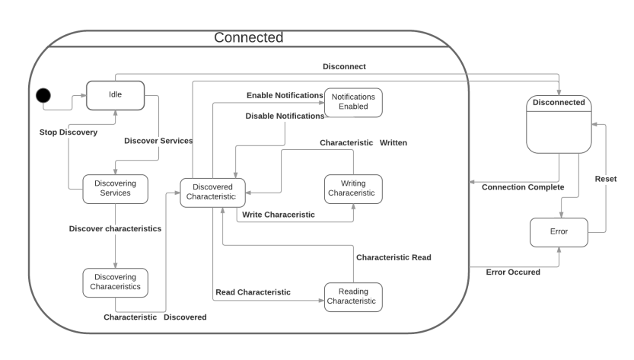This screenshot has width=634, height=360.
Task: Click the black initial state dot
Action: (x=44, y=95)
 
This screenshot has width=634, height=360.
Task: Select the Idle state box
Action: (x=115, y=95)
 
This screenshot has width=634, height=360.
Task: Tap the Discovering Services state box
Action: (x=115, y=188)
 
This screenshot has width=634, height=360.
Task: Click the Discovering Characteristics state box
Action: (x=115, y=282)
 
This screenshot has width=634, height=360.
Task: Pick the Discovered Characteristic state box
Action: (x=212, y=193)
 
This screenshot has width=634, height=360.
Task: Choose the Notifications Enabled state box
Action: (x=353, y=102)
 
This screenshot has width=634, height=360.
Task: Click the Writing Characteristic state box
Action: (x=353, y=188)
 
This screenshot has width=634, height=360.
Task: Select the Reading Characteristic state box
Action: (x=353, y=296)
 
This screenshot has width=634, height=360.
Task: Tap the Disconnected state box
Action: (x=559, y=126)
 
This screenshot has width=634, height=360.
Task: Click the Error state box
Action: (x=559, y=231)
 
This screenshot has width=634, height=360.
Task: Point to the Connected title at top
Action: (x=248, y=37)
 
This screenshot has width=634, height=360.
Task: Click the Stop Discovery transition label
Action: (x=68, y=132)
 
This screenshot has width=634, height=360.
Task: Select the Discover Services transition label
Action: (x=158, y=141)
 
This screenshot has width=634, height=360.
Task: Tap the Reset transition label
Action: (x=606, y=179)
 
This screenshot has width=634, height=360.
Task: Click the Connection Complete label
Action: (x=523, y=187)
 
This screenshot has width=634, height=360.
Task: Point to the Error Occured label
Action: (x=513, y=272)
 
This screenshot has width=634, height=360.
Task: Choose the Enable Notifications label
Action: (x=285, y=95)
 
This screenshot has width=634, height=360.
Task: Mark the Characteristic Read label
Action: (x=393, y=257)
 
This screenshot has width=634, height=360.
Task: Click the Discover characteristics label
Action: (x=115, y=228)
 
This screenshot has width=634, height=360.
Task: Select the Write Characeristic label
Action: (x=278, y=215)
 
